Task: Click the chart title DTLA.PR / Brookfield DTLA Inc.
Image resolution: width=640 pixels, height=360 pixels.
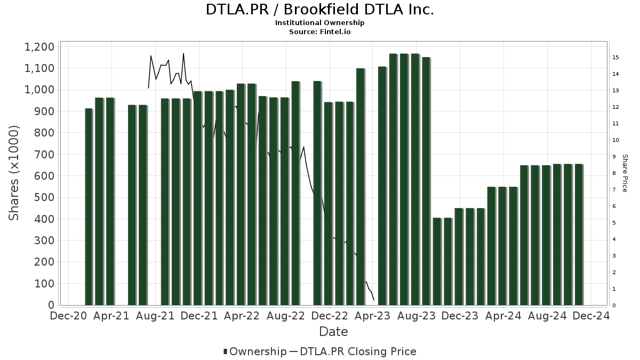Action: click(x=319, y=10)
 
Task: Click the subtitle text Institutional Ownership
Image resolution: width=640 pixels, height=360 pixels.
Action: click(x=319, y=23)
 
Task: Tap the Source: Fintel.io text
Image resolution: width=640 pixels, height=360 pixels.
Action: click(x=319, y=32)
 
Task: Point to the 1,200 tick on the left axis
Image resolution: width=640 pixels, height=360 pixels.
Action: click(x=39, y=47)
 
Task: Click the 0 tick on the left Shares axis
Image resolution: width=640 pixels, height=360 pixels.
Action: click(x=51, y=305)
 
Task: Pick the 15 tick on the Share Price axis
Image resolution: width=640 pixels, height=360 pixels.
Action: click(x=615, y=57)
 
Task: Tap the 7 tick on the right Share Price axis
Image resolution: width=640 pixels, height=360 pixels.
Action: click(x=615, y=189)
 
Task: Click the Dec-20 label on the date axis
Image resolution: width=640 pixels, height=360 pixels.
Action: click(x=68, y=316)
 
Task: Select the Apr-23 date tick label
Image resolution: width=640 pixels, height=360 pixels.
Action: click(x=372, y=316)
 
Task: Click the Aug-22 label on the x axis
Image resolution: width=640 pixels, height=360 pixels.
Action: click(x=285, y=316)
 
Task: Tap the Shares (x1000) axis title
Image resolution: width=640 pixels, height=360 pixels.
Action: click(x=14, y=173)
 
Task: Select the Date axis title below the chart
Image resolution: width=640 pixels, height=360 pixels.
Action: click(x=333, y=332)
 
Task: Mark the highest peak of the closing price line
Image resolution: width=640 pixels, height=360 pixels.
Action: click(x=183, y=53)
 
